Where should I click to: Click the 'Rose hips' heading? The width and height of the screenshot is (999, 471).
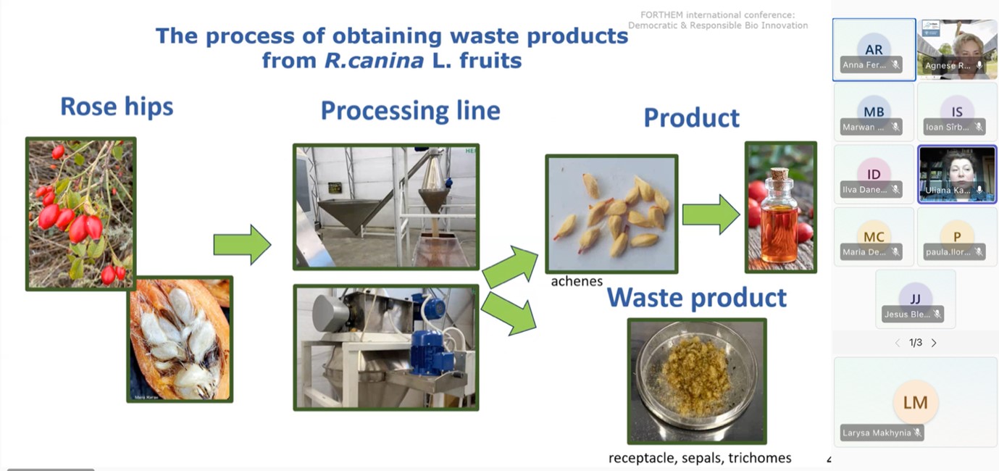click(x=117, y=107)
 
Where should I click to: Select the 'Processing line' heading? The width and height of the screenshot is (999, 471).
click(x=410, y=111)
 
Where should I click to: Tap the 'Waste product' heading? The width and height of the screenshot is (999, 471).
click(x=696, y=298)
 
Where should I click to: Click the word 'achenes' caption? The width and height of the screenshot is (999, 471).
click(x=577, y=281)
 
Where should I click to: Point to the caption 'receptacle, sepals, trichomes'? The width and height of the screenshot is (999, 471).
click(x=700, y=458)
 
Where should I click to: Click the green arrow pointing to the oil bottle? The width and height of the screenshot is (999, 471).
click(x=711, y=214)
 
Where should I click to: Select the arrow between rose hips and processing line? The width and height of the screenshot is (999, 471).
click(x=242, y=245)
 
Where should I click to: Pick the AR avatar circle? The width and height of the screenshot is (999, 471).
click(x=874, y=50)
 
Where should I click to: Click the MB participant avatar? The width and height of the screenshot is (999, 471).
click(x=874, y=112)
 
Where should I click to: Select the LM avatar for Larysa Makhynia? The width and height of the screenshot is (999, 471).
click(x=915, y=403)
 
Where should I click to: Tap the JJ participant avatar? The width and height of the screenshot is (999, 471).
click(x=915, y=299)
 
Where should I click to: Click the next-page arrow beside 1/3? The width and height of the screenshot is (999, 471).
click(x=934, y=343)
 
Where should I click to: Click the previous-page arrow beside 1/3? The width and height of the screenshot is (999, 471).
click(x=898, y=343)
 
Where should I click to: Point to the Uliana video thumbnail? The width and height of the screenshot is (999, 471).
click(x=957, y=173)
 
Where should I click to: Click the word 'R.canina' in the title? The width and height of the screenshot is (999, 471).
click(x=374, y=60)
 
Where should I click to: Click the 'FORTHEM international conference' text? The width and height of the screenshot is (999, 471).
click(x=717, y=15)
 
